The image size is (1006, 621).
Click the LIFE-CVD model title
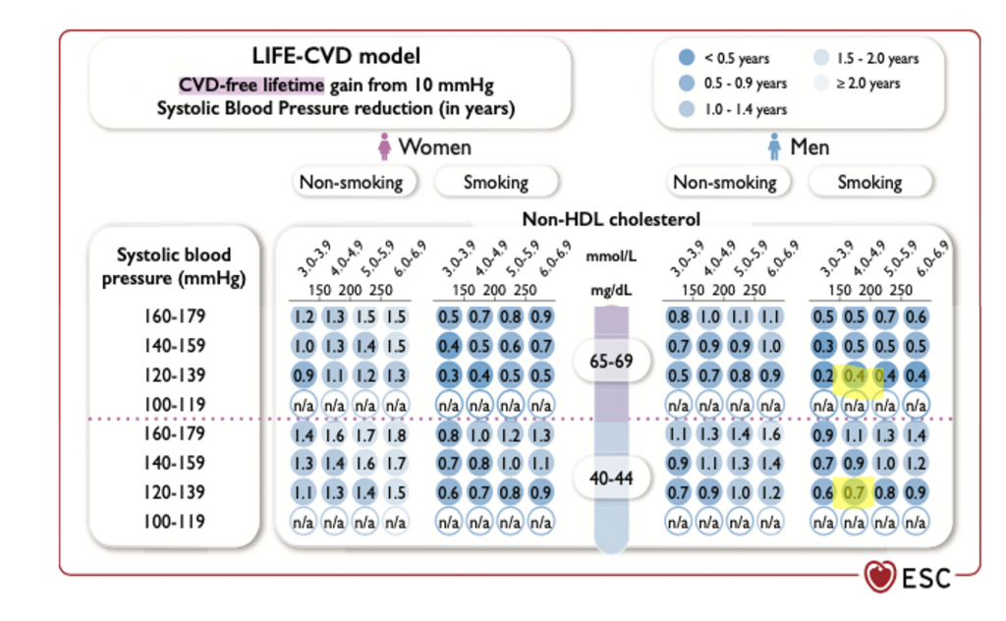(334, 57)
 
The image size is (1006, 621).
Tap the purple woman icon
(385, 147)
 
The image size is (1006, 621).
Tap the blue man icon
(773, 147)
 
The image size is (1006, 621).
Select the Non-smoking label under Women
(352, 182)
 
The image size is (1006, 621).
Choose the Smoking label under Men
(869, 182)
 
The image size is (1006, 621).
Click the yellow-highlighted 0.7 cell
(855, 491)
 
